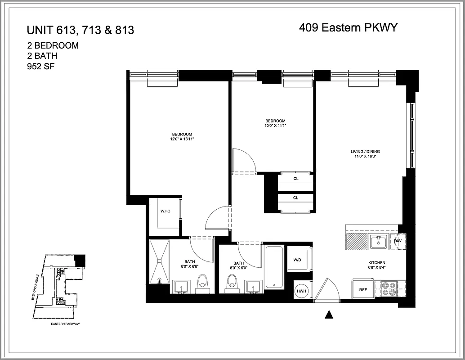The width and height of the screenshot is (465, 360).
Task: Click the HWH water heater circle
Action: (300, 291)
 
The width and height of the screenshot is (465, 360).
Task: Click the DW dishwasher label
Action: (398, 241)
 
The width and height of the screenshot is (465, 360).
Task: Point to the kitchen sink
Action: (378, 242)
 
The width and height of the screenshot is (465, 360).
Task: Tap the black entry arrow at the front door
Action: (329, 315)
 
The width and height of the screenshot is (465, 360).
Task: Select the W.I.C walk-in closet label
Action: (165, 211)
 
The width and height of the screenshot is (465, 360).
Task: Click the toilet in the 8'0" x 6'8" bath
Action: (202, 283)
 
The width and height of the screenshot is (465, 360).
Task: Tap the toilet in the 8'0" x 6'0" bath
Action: (232, 283)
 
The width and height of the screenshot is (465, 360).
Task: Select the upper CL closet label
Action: (295, 179)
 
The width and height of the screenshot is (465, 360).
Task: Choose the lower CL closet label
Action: (295, 198)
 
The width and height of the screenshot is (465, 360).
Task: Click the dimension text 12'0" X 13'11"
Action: (182, 139)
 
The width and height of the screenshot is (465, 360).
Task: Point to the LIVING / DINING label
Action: (368, 152)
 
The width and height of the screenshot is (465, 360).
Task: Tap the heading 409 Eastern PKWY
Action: (348, 28)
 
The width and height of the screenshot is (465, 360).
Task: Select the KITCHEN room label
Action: (377, 263)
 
